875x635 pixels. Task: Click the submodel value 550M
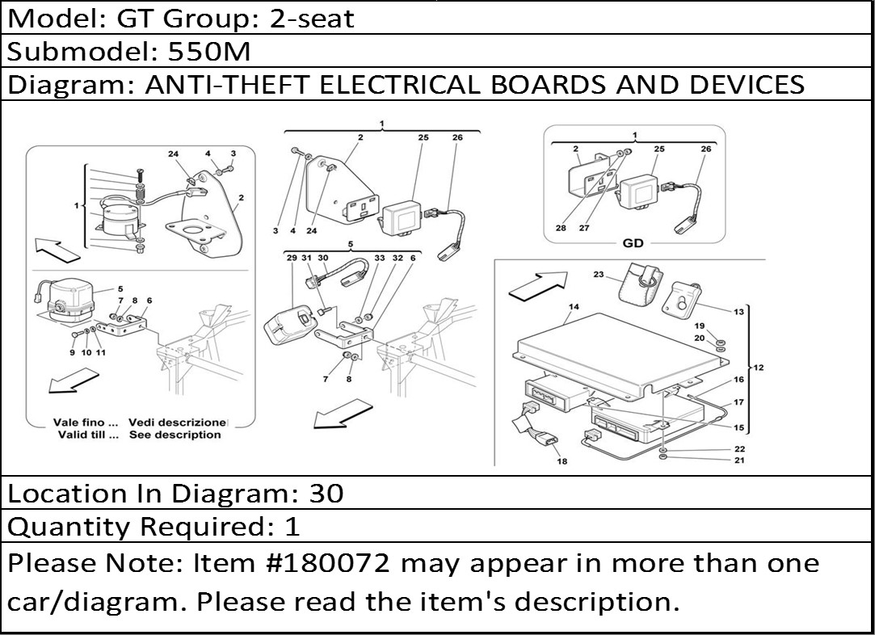click(208, 52)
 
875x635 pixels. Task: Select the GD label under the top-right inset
click(633, 242)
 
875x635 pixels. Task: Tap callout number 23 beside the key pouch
click(599, 275)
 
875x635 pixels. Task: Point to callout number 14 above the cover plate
click(574, 307)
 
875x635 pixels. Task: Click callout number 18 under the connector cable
click(562, 461)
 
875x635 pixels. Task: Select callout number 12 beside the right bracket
click(759, 367)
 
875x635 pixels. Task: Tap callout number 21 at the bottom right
click(739, 460)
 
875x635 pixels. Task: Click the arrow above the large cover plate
click(537, 284)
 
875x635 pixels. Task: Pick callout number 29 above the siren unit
click(292, 258)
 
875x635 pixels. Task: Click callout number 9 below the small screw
click(73, 353)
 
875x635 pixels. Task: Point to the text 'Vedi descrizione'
click(178, 423)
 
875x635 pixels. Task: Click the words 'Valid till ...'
click(89, 435)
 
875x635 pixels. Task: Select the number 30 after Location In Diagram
click(326, 494)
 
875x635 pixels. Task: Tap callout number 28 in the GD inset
click(561, 228)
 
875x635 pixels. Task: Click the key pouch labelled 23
click(642, 280)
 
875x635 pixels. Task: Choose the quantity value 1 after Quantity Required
click(292, 526)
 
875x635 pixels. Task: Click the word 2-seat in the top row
click(311, 19)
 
